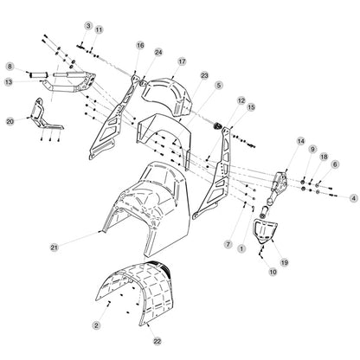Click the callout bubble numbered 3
[88, 26]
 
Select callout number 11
[99, 29]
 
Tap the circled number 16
[140, 45]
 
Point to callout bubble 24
[158, 52]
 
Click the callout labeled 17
[182, 61]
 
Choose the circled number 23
[204, 75]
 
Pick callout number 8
[10, 67]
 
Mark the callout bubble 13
[9, 82]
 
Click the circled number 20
[10, 121]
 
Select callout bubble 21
[55, 247]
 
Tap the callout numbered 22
[157, 341]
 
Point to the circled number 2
[96, 325]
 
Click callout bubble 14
[301, 141]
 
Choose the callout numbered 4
[353, 198]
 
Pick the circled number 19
[285, 262]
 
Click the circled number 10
[273, 272]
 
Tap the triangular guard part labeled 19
[264, 229]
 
